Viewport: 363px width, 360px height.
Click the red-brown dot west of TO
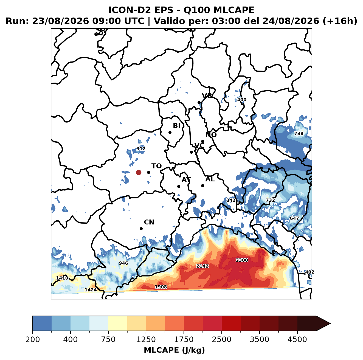(139, 172)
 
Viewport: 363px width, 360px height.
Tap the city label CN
(149, 222)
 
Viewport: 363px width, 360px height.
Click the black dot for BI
(170, 132)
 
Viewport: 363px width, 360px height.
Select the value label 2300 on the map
(242, 260)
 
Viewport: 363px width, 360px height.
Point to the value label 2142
(202, 266)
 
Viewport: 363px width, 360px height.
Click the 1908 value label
(161, 287)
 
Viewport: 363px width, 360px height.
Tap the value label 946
(123, 263)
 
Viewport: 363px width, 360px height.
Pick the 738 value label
(299, 133)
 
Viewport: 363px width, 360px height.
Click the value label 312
(141, 149)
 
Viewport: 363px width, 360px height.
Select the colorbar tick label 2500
(221, 339)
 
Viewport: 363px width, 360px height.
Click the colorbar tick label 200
(33, 339)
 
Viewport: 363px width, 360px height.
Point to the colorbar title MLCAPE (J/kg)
(174, 350)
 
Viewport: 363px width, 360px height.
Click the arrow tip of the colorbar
(330, 324)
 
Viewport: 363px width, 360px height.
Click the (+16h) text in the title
(340, 21)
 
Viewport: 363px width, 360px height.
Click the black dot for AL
(202, 185)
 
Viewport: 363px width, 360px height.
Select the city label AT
(186, 180)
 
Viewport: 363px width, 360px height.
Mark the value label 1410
(62, 278)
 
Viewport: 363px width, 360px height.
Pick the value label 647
(294, 218)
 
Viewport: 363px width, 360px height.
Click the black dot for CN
(141, 229)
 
